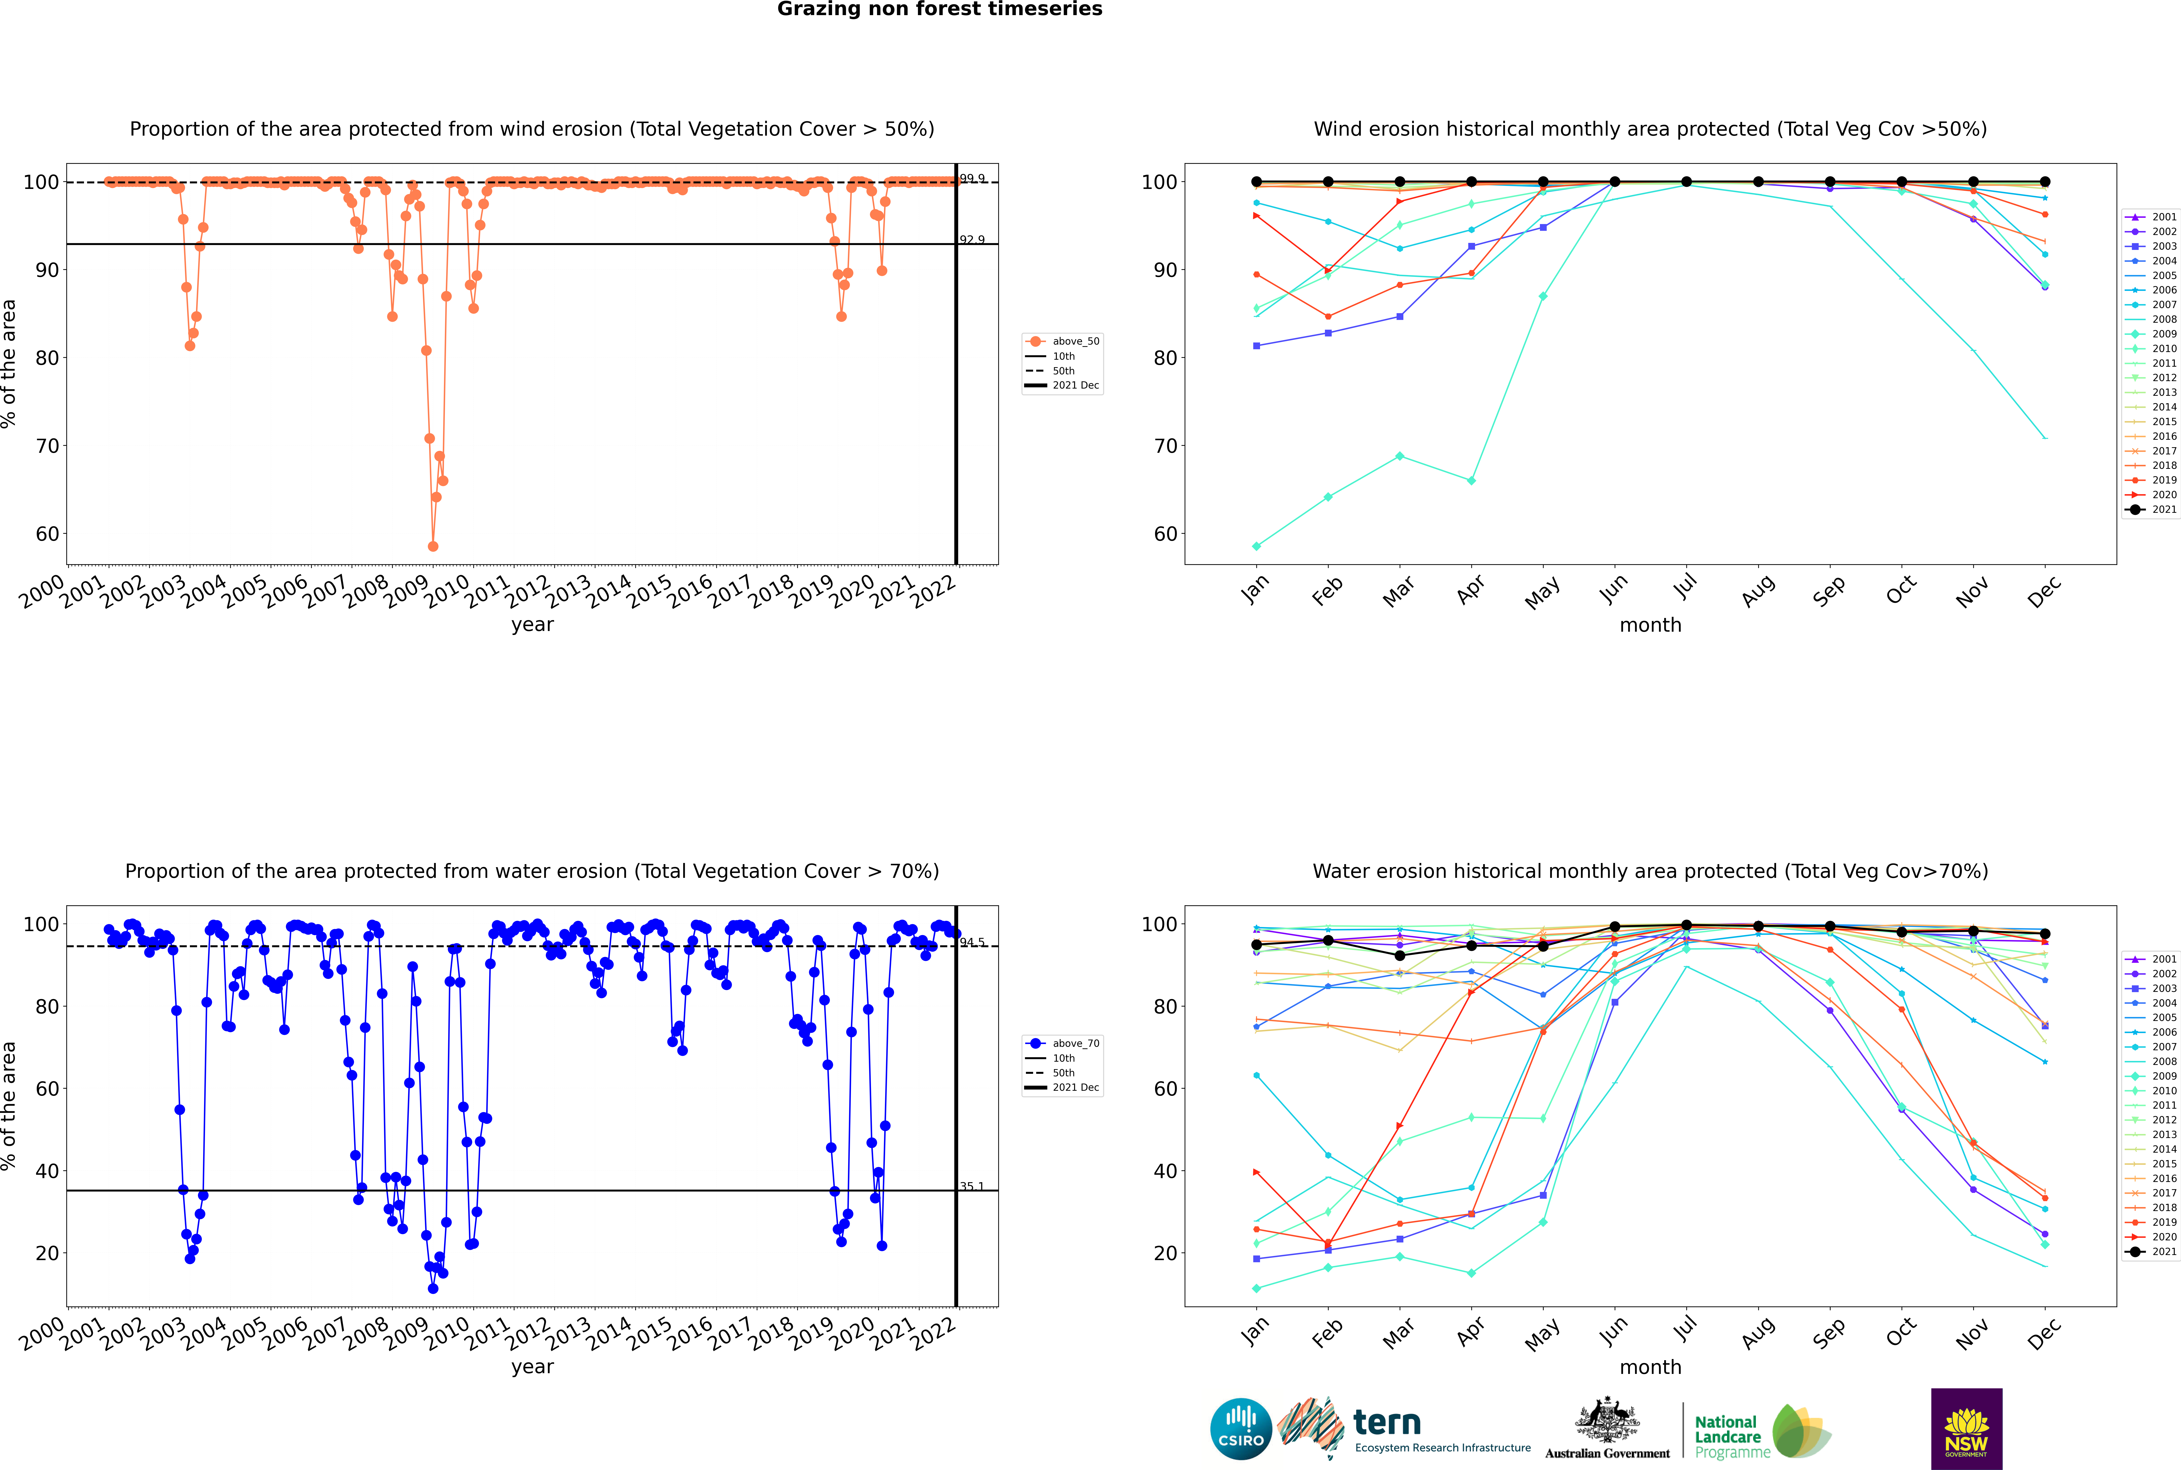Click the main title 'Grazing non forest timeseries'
tap(940, 9)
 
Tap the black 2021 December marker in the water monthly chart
tap(2045, 934)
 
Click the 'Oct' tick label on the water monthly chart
tap(1901, 1332)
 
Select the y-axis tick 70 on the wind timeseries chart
tap(47, 446)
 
